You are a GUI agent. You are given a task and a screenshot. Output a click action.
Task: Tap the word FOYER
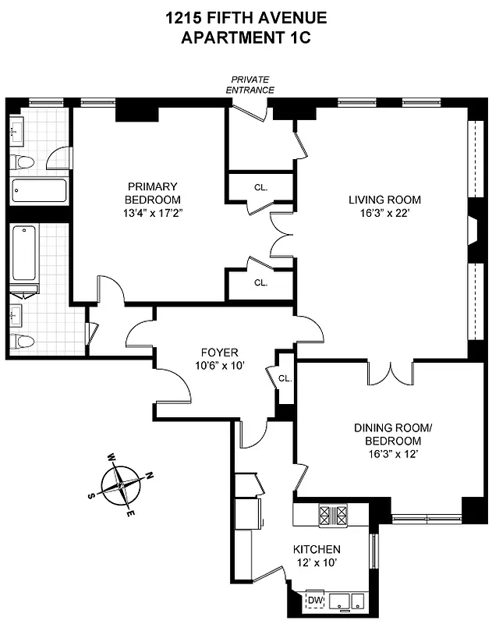click(x=219, y=353)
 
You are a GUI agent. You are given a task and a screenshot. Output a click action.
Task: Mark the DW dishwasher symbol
click(x=316, y=600)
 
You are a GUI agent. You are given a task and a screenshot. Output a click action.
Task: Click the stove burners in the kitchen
click(x=333, y=515)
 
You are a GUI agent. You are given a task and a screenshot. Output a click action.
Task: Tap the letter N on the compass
click(x=150, y=475)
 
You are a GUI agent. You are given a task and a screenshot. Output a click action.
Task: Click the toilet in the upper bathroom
click(x=24, y=162)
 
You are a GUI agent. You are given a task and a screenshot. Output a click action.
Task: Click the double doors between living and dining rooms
click(x=391, y=373)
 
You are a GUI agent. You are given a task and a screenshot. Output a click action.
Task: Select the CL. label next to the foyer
click(x=284, y=378)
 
